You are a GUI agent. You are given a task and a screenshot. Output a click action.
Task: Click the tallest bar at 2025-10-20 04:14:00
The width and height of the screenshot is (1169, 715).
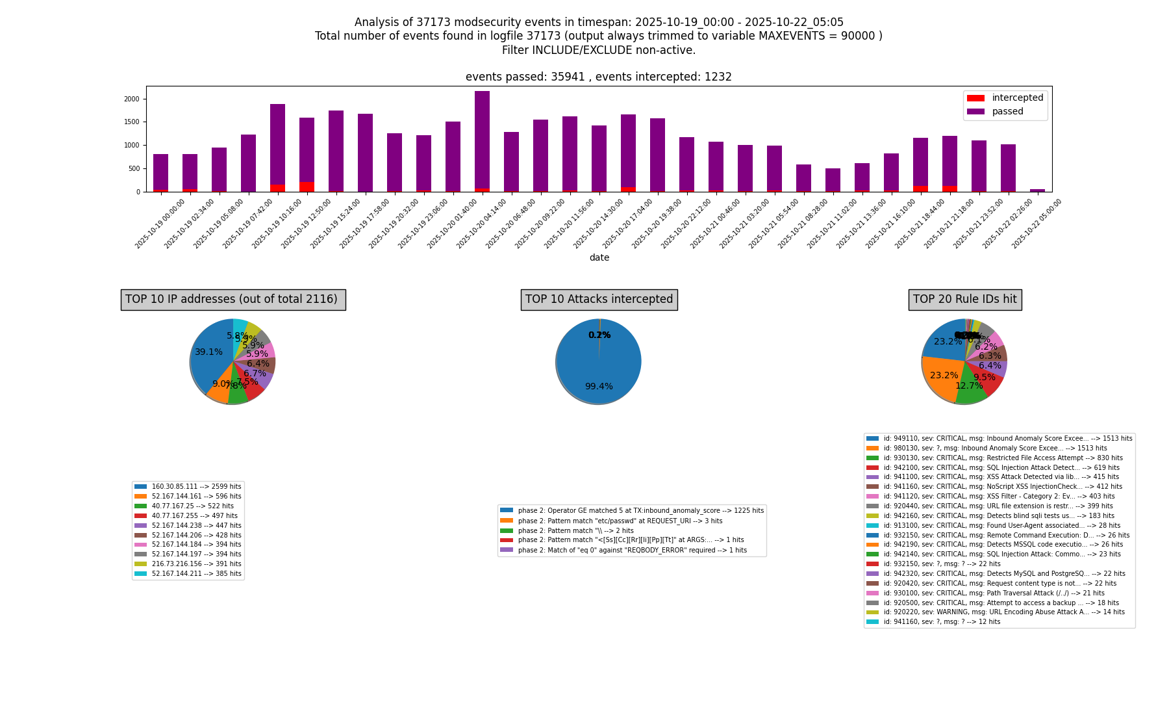[x=482, y=140]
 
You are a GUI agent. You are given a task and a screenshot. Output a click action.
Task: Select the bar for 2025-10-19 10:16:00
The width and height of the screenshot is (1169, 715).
[x=277, y=146]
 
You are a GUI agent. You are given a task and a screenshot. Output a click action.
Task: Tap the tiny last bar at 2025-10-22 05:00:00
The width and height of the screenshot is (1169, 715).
[x=1037, y=190]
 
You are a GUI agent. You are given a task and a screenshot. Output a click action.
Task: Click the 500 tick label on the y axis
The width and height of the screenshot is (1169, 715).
[x=134, y=168]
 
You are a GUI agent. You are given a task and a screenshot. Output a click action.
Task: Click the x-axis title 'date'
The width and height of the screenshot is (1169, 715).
[x=599, y=257]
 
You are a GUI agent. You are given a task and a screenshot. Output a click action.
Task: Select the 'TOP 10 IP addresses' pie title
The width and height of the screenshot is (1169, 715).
[x=233, y=300]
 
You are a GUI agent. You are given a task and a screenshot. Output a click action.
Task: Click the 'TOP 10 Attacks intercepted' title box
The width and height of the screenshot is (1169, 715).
[x=599, y=300]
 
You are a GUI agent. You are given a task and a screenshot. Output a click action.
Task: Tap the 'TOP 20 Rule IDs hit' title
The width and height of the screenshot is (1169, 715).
[x=964, y=300]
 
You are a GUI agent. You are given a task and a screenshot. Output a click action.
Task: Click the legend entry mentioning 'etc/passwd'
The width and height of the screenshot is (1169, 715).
[x=620, y=521]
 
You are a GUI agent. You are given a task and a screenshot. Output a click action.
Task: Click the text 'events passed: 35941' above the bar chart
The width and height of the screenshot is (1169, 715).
[x=526, y=77]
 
